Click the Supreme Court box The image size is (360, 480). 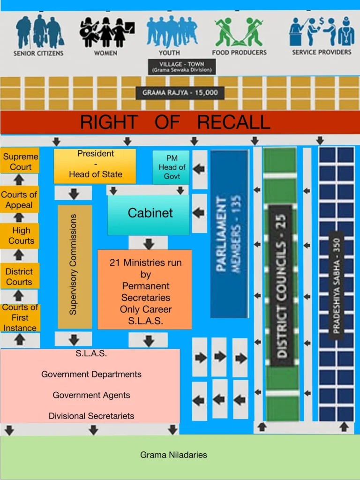(x=20, y=161)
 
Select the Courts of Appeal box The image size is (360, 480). (x=19, y=200)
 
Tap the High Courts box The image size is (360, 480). (x=20, y=236)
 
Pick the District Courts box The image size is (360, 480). (x=20, y=276)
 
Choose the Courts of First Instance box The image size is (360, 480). (x=20, y=318)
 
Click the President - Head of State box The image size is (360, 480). (x=95, y=166)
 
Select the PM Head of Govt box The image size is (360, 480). (x=171, y=167)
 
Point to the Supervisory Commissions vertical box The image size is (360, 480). (x=75, y=266)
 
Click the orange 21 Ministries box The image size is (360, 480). (x=145, y=289)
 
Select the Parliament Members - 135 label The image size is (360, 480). (x=229, y=233)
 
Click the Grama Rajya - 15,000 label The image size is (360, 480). (x=180, y=92)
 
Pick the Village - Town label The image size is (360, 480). (x=181, y=67)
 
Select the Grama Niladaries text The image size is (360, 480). (x=173, y=455)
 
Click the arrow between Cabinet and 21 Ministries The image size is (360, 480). (x=149, y=244)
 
